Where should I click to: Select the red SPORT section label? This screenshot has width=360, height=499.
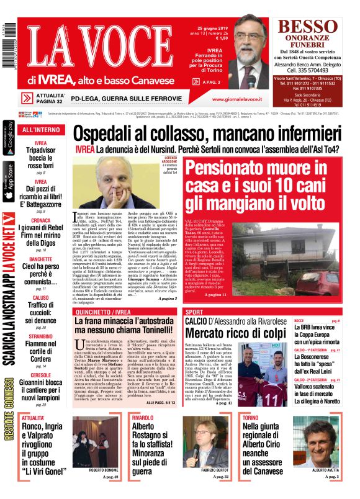195,310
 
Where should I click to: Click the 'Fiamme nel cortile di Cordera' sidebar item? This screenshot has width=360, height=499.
41,346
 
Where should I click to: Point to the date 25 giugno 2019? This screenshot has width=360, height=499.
212,29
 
